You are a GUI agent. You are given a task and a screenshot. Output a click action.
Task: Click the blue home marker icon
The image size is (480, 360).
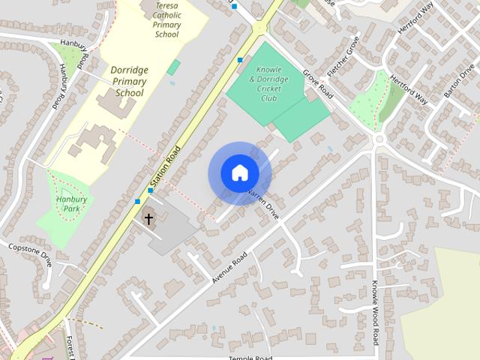pos(239,173)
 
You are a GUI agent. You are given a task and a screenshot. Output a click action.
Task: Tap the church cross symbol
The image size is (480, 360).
pos(148,219)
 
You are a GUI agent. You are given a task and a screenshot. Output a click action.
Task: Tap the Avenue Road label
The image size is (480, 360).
pos(229,267)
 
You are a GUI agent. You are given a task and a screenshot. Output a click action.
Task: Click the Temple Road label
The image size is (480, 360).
pos(250,358)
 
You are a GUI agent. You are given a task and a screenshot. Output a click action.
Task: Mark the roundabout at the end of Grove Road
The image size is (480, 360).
pos(379,139)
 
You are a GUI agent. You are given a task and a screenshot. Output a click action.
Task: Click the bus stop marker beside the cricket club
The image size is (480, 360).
pos(240,60)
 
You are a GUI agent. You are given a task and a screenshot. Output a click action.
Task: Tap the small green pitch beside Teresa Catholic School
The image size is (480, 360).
pos(173,67)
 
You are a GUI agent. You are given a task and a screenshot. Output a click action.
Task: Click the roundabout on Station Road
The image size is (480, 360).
pos(260,28)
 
